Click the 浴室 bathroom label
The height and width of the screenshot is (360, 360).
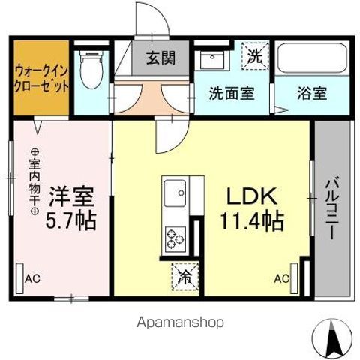pos(310,94)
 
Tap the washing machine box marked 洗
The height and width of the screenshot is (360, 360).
pos(254,55)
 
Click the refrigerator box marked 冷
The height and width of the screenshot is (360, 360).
pos(184,276)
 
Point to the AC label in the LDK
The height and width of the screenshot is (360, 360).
pos(280,278)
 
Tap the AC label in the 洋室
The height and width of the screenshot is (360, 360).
pos(32,278)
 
